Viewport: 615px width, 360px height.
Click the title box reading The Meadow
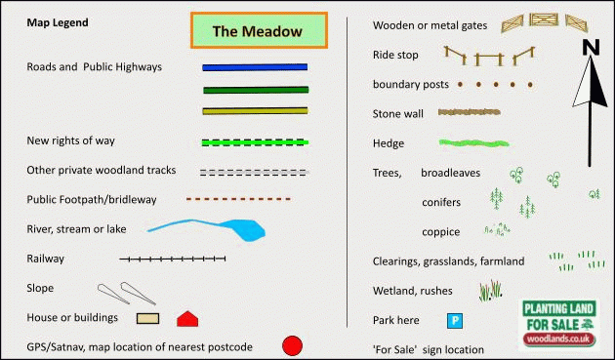[259, 31]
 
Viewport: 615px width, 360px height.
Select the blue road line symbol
[255, 67]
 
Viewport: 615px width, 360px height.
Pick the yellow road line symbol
[255, 110]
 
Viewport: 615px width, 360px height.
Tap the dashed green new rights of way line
[255, 142]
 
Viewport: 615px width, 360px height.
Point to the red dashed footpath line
[238, 199]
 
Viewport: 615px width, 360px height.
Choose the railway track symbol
[173, 260]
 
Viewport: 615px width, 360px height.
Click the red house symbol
[187, 318]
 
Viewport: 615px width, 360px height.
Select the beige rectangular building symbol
[147, 318]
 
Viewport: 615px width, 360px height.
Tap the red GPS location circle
[292, 345]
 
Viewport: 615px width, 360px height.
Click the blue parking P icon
[454, 319]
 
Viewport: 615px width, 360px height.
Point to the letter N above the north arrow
[591, 48]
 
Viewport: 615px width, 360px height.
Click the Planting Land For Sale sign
[557, 320]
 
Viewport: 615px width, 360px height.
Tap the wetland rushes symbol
[491, 290]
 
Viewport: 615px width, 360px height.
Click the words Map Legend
[58, 21]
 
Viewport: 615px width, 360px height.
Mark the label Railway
[46, 259]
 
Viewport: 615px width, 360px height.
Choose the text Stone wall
[398, 114]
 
